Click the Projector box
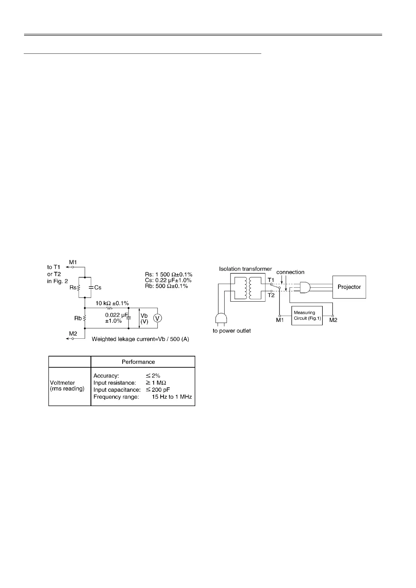pyautogui.click(x=349, y=287)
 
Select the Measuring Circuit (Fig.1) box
pyautogui.click(x=307, y=315)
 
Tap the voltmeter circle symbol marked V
pyautogui.click(x=157, y=318)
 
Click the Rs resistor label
pyautogui.click(x=73, y=287)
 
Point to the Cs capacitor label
pyautogui.click(x=98, y=287)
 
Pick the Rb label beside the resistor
pyautogui.click(x=78, y=318)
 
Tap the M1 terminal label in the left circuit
pyautogui.click(x=73, y=262)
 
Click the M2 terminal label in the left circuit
pyautogui.click(x=73, y=333)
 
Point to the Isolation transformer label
pyautogui.click(x=245, y=269)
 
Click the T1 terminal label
pyautogui.click(x=271, y=280)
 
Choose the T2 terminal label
pyautogui.click(x=271, y=295)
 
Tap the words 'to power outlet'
pyautogui.click(x=232, y=331)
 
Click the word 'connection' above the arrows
pyautogui.click(x=290, y=272)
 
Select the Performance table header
pyautogui.click(x=138, y=362)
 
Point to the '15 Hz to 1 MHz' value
pyautogui.click(x=171, y=397)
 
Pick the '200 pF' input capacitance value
pyautogui.click(x=161, y=390)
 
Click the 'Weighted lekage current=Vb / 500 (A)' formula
pyautogui.click(x=140, y=339)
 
